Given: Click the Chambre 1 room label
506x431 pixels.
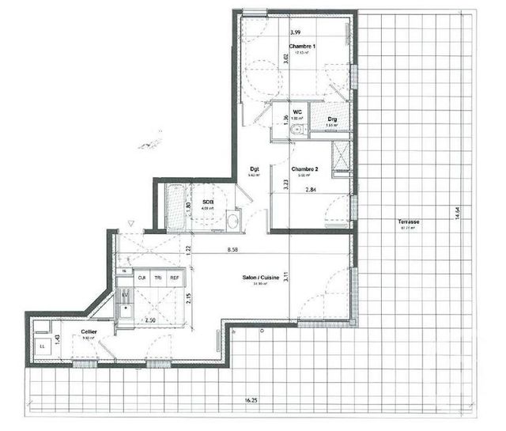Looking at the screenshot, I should (x=304, y=47).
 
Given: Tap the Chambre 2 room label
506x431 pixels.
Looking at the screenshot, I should (x=304, y=169).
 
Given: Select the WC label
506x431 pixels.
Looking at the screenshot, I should (x=298, y=112).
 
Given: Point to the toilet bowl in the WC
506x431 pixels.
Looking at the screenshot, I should (x=296, y=131).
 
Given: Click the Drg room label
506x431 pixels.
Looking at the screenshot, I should (x=333, y=119).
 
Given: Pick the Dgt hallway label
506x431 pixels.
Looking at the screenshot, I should (x=255, y=168).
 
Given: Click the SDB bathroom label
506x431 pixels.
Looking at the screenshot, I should (x=208, y=202).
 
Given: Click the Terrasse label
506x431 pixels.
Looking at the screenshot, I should (x=408, y=223).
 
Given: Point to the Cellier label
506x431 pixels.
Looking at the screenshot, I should (x=89, y=332).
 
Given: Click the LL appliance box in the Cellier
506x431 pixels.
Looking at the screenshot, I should (x=42, y=345).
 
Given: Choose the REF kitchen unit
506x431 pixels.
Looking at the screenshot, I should (x=173, y=278).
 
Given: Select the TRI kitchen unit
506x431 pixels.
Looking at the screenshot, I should (x=158, y=278).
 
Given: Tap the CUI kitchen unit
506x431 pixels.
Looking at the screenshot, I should (x=142, y=278).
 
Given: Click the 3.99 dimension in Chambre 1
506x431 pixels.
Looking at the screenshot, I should (x=295, y=32).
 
